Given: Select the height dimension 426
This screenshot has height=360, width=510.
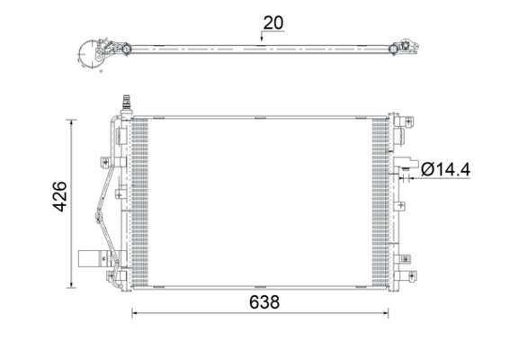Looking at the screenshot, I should tap(59, 196).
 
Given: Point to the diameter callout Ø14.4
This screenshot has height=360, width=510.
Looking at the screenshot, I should tap(444, 168).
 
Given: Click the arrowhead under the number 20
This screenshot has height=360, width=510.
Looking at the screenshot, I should tap(262, 39).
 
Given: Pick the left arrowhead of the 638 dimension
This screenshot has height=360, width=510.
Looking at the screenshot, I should tap(136, 313).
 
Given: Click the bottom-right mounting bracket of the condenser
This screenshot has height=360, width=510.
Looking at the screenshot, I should tap(404, 267).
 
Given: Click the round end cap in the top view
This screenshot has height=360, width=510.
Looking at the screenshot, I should tap(91, 54).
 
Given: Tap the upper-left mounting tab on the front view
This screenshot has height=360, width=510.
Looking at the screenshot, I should tap(107, 162).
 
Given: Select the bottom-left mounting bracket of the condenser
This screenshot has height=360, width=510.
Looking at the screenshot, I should tap(113, 276).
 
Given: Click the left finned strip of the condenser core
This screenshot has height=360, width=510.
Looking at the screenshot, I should tap(139, 202).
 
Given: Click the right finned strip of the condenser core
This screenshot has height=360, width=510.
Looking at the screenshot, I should tap(380, 202).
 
